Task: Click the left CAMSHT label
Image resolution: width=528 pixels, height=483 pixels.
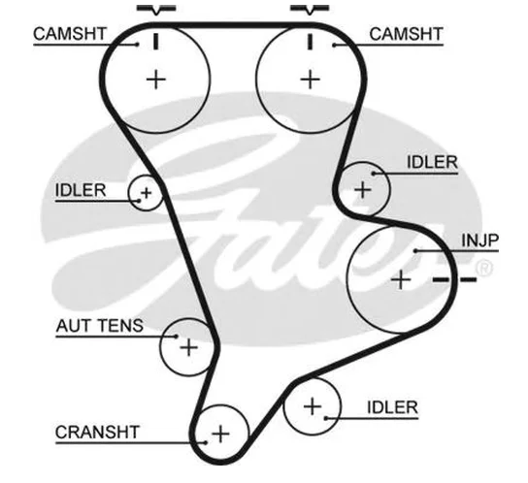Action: [70, 34]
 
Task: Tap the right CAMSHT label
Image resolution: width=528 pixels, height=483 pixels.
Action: [406, 34]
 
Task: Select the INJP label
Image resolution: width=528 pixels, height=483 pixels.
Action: [479, 241]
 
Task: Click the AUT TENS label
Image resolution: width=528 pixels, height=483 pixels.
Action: [100, 326]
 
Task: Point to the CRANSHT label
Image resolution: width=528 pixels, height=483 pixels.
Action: [97, 433]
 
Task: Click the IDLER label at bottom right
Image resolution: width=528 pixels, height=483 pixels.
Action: [392, 407]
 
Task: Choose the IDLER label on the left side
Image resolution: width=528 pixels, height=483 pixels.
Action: [81, 190]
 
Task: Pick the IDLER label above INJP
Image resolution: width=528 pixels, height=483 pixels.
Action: [432, 162]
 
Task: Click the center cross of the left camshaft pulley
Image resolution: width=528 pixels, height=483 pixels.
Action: [156, 80]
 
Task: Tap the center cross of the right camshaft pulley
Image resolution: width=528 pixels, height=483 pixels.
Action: [310, 80]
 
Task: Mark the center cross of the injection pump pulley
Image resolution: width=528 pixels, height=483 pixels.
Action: [401, 279]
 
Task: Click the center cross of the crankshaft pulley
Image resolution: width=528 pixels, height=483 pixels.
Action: [220, 434]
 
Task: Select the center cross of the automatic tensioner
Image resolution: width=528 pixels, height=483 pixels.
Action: [189, 347]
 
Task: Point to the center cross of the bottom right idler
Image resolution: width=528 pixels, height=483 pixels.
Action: [313, 406]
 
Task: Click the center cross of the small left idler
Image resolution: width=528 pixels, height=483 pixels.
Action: [147, 193]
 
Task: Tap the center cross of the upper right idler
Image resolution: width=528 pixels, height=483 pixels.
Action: [363, 190]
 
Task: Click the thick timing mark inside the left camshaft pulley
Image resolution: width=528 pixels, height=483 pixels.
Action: [155, 42]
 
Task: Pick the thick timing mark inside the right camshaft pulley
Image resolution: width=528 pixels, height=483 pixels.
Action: [311, 42]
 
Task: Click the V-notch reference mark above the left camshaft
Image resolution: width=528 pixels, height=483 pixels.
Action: [156, 9]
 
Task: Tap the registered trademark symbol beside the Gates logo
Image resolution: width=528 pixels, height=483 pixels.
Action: [484, 269]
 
